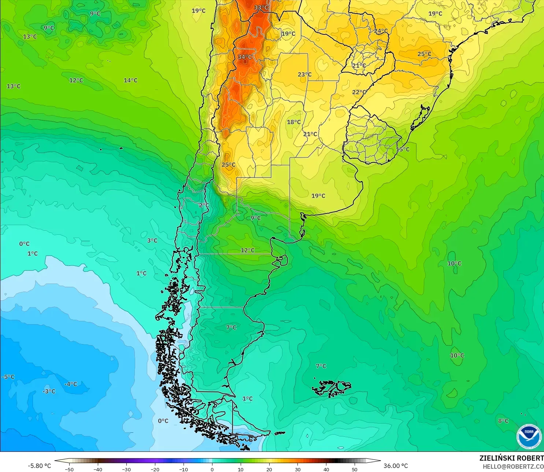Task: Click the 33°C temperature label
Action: point(261,8)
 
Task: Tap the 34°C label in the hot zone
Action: point(245,57)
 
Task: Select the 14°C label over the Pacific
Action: point(130,80)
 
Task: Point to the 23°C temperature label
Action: point(304,74)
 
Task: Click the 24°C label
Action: point(381,31)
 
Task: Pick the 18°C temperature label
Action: point(293,122)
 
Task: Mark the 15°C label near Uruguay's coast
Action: point(403,149)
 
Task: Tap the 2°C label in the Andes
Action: point(204,205)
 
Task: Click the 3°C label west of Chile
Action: point(152,241)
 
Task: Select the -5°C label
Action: point(8,377)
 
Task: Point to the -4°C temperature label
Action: point(71,384)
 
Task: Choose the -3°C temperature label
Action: point(49,391)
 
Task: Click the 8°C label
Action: point(503,421)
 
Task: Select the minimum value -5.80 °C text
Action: point(40,466)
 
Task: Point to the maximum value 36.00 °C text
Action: point(396,466)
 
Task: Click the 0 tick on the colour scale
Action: point(212,469)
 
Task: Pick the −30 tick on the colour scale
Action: point(126,469)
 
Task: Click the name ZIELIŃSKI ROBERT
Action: point(511,458)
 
